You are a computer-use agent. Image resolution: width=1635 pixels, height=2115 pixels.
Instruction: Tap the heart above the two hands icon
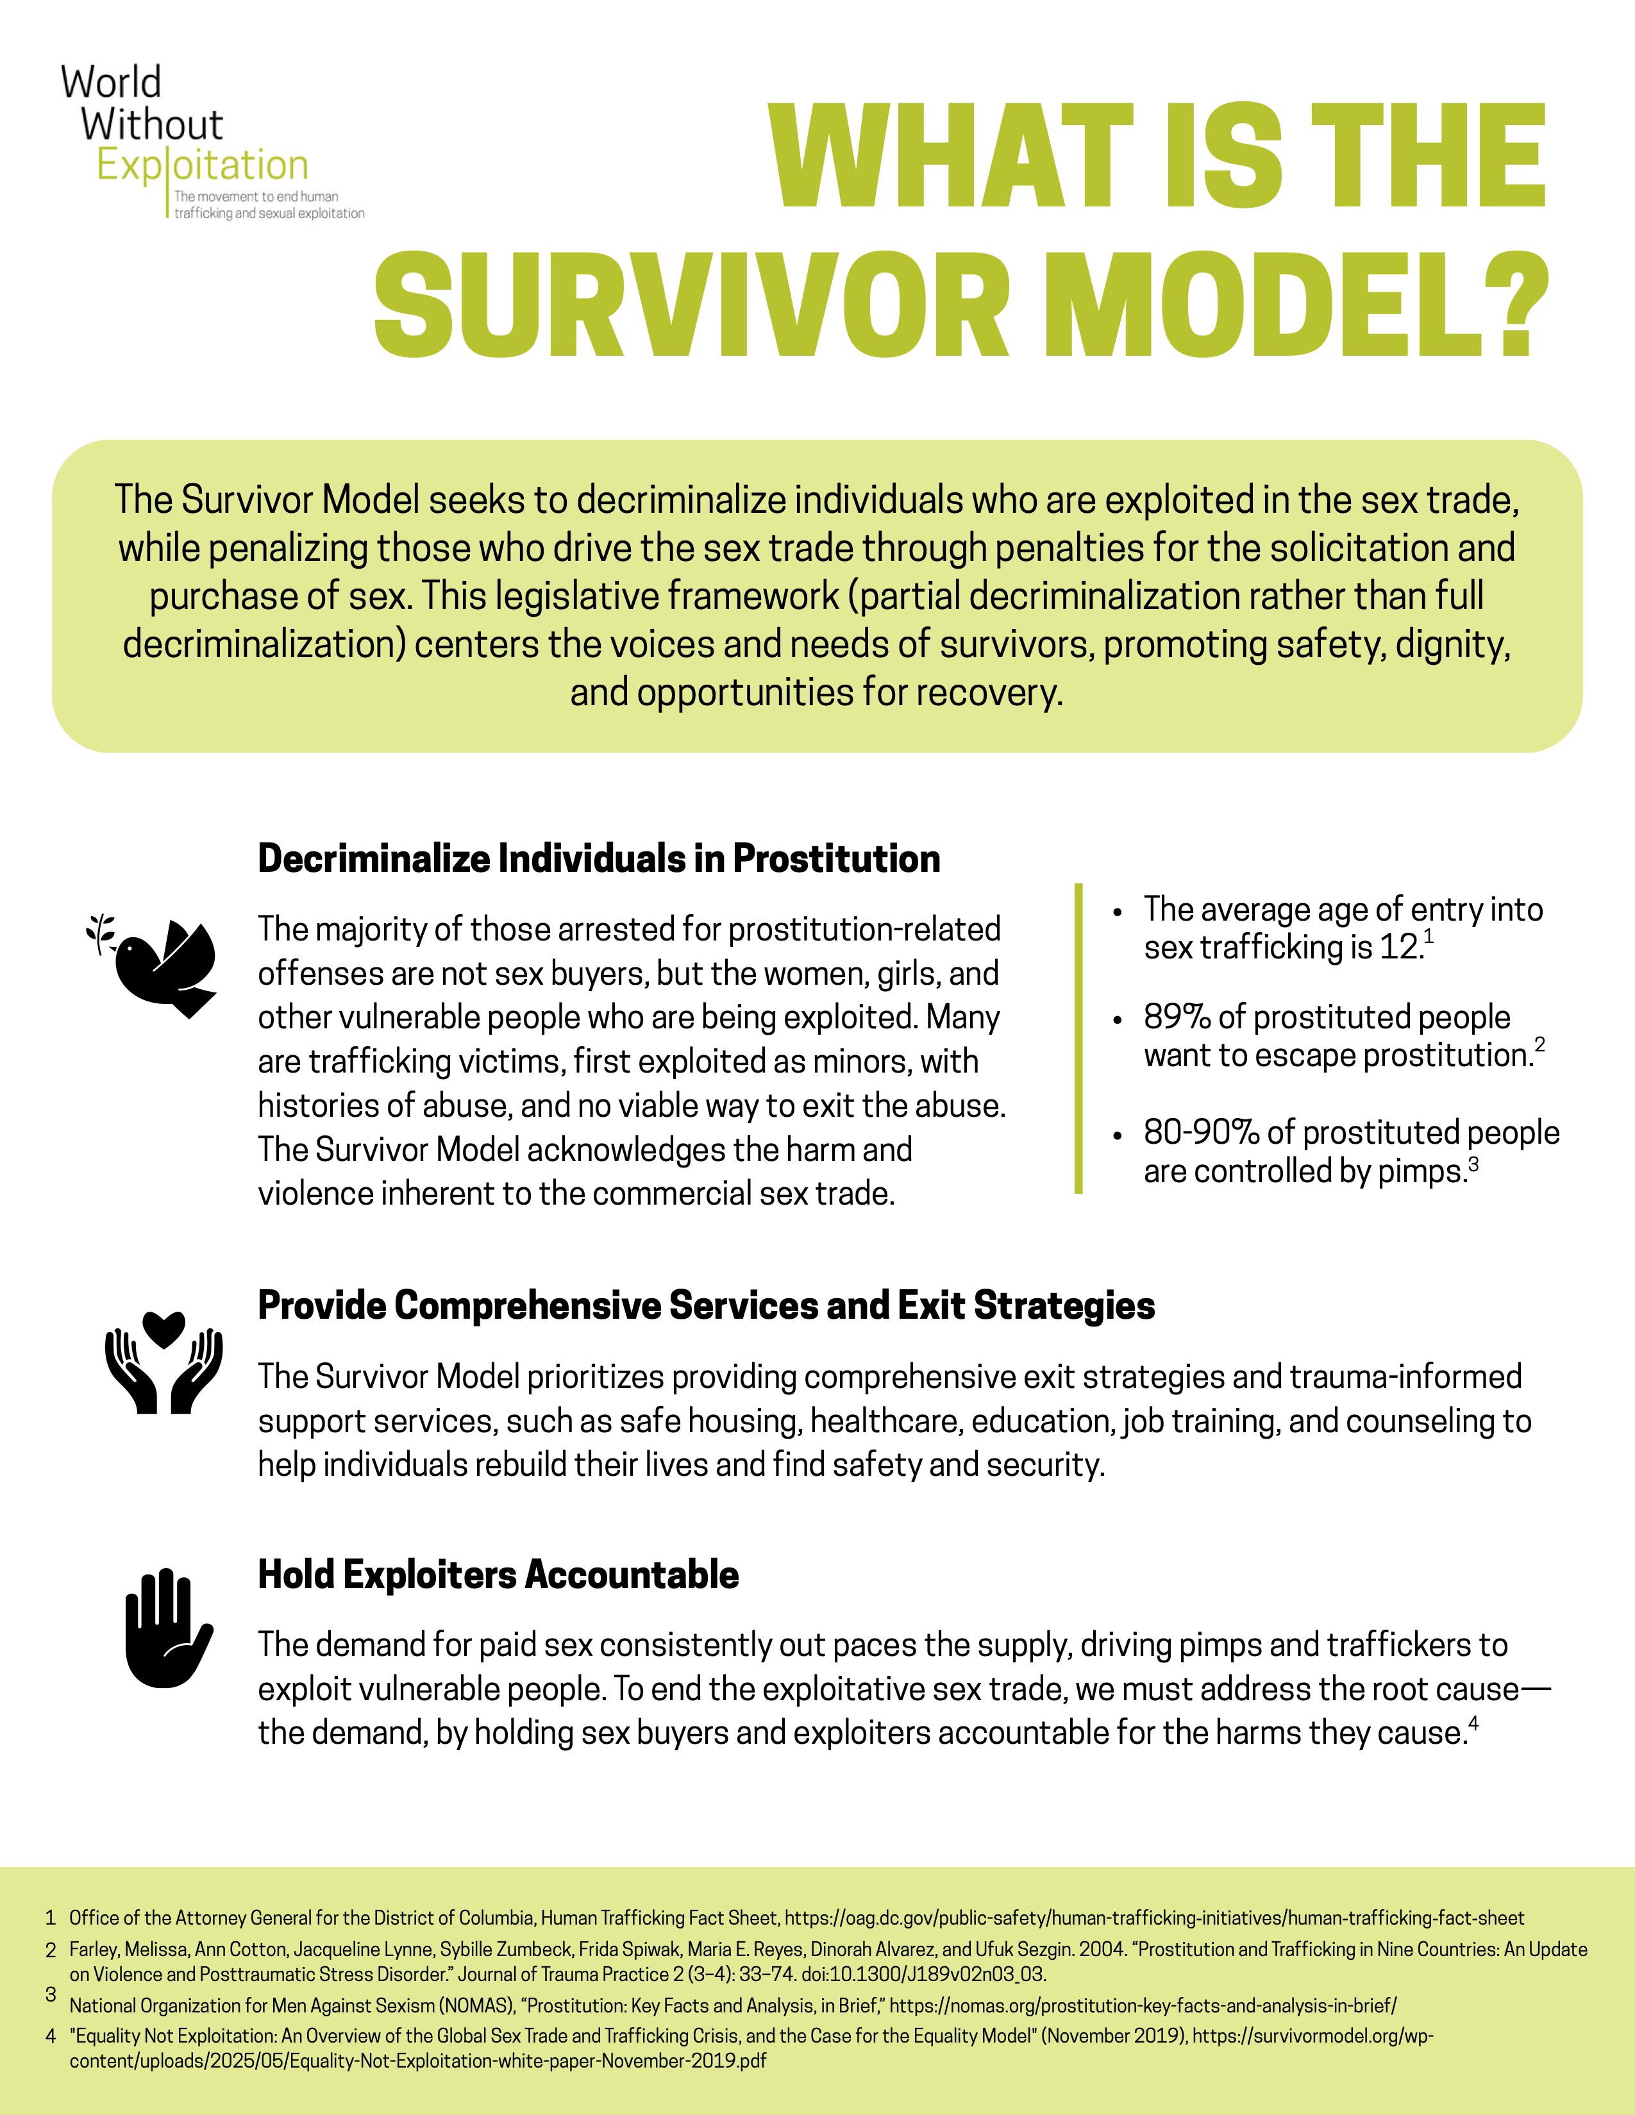tap(163, 1328)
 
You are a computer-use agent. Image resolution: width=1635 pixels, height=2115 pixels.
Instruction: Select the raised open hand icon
tap(165, 1629)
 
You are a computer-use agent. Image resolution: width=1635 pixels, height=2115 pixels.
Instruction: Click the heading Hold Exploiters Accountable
tap(498, 1575)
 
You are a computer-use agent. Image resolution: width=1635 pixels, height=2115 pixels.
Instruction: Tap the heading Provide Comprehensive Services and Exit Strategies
tap(706, 1305)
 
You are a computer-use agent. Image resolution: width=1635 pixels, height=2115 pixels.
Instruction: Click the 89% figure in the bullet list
tap(1177, 1017)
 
